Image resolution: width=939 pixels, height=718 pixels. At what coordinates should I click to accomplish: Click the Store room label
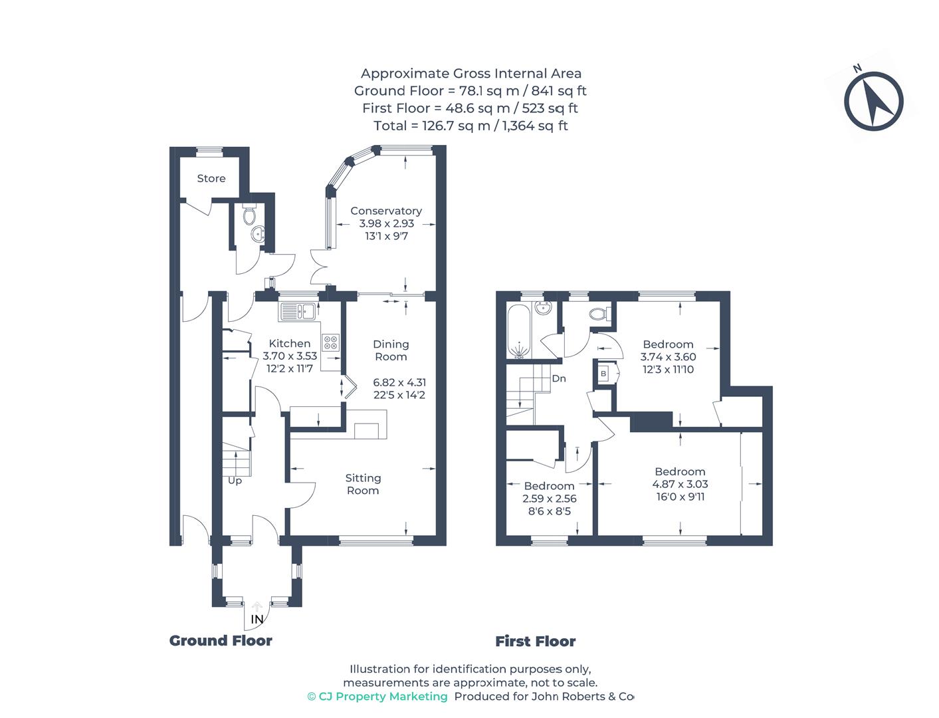click(x=211, y=178)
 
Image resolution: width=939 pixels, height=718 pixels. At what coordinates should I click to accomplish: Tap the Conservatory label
click(x=386, y=211)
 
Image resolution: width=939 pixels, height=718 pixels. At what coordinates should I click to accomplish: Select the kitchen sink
click(x=297, y=312)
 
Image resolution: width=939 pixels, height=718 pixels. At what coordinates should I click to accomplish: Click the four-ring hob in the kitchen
click(x=331, y=342)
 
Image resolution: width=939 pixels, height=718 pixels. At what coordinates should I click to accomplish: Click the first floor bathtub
click(x=519, y=331)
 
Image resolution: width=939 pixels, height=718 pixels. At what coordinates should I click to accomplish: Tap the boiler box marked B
click(x=603, y=374)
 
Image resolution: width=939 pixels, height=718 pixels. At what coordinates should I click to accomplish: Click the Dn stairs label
click(x=559, y=378)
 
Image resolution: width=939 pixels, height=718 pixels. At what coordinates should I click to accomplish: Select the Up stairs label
click(x=235, y=481)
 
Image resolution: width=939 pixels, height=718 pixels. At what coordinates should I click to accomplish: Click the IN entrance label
click(x=257, y=619)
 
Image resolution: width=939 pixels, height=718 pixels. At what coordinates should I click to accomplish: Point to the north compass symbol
click(x=873, y=100)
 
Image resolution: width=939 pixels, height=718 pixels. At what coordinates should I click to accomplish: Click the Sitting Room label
click(x=363, y=484)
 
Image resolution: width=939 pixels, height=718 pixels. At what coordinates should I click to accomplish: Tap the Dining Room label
click(x=391, y=350)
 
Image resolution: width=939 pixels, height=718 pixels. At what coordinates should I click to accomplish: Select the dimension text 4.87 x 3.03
click(x=680, y=484)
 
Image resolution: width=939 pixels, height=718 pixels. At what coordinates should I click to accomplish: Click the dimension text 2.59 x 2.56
click(x=550, y=498)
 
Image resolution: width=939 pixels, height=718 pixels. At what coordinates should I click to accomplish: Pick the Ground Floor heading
click(x=221, y=641)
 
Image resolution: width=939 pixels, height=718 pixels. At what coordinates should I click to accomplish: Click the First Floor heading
click(x=535, y=641)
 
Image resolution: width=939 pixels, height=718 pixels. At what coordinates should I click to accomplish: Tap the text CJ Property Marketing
click(x=377, y=696)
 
